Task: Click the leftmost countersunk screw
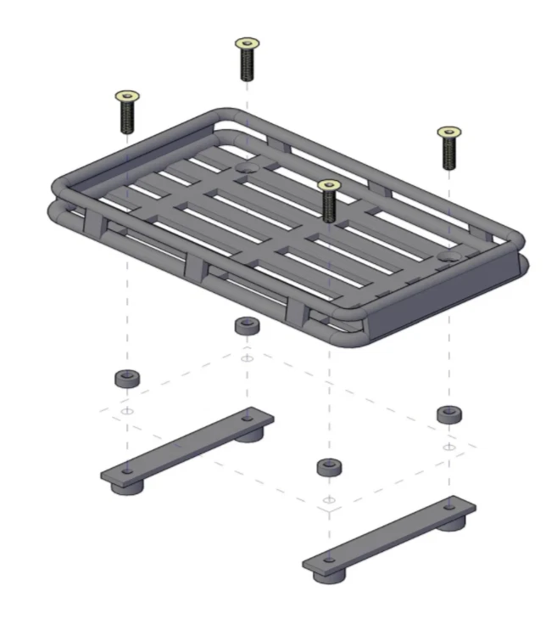[126, 112]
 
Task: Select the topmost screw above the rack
[247, 59]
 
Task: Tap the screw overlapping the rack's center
[328, 201]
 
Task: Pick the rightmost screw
[448, 148]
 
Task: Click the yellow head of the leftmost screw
[126, 97]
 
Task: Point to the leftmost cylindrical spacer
[127, 378]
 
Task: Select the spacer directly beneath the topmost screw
[247, 326]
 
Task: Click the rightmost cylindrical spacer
[448, 414]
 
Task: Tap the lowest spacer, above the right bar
[329, 466]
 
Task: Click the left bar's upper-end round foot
[249, 435]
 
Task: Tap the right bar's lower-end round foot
[329, 576]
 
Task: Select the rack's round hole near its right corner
[448, 255]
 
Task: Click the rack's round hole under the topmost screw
[248, 169]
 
